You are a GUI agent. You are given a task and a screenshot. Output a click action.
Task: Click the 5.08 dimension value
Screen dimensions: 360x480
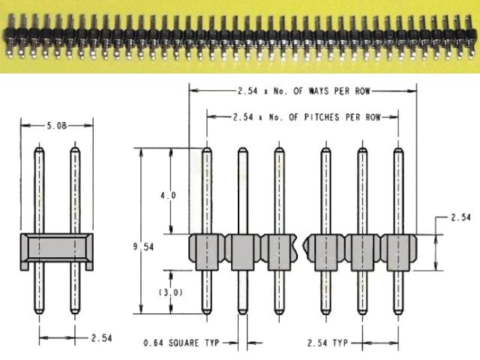[57, 127]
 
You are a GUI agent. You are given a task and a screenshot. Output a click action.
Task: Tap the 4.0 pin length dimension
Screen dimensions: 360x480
[168, 195]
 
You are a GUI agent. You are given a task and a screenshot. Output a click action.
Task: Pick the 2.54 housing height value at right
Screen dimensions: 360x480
[460, 217]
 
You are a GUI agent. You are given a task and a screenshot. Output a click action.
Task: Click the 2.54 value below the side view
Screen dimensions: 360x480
[101, 338]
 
